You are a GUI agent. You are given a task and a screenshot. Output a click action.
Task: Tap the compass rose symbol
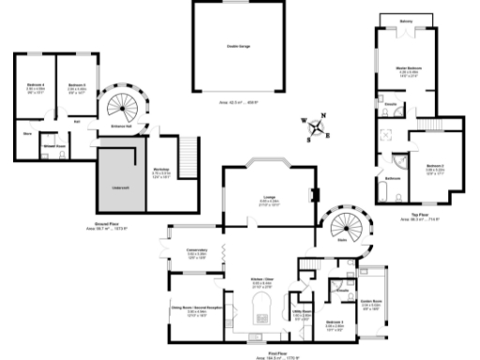pyautogui.click(x=317, y=125)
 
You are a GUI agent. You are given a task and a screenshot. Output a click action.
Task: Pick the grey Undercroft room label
pyautogui.click(x=121, y=188)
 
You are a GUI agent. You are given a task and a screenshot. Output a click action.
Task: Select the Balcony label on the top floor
pyautogui.click(x=405, y=21)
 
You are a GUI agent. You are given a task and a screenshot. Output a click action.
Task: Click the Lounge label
pyautogui.click(x=269, y=197)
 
